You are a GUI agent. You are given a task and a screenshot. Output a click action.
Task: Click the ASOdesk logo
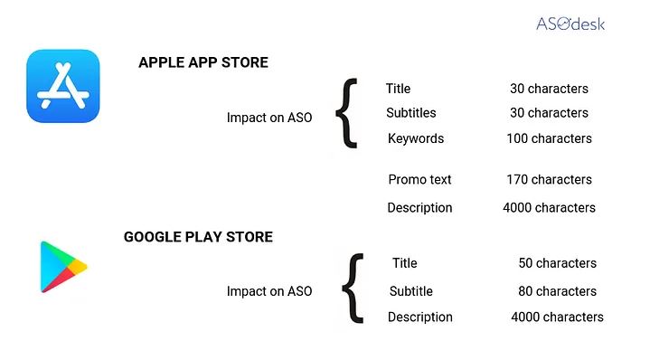coord(570,24)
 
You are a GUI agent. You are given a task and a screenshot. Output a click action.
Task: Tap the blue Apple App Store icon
coord(63,86)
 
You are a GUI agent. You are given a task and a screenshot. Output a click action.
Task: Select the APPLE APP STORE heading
coord(203,62)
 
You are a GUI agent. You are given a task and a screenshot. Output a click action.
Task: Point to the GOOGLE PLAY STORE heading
coord(198,237)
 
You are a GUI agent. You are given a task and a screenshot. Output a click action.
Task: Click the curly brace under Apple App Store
coord(346,113)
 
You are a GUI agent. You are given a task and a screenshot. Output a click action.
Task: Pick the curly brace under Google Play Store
coord(353,289)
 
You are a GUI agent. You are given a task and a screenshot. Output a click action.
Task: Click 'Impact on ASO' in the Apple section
coord(269,118)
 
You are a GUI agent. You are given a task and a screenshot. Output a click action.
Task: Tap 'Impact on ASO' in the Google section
coord(269,291)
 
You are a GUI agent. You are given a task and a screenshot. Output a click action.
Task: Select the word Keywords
coord(416,138)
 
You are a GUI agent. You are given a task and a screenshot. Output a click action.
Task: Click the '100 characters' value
coord(549,138)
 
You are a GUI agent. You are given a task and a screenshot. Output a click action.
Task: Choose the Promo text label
coord(419,179)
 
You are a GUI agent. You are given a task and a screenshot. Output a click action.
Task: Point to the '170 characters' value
coord(549,179)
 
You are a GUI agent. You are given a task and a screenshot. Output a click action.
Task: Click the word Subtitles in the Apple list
coord(411,113)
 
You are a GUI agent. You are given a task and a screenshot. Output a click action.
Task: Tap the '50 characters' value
coord(557,263)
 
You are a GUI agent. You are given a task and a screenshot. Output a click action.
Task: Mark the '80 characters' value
coord(557,291)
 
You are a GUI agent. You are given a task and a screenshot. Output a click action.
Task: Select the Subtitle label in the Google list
coord(411,291)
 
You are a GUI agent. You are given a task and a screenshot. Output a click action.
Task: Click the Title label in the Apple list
coord(398,89)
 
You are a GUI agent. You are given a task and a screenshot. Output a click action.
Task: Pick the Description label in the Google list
coord(420,317)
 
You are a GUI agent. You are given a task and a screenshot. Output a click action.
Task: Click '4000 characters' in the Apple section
coord(549,207)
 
